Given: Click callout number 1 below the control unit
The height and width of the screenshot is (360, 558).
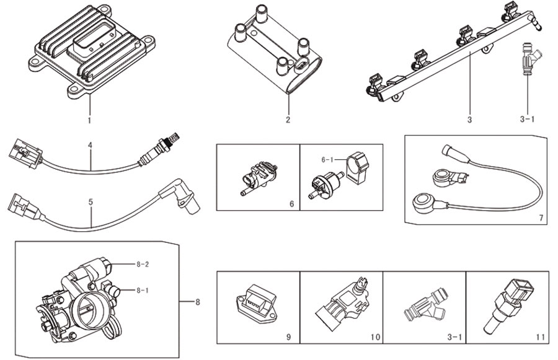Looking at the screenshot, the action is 89,120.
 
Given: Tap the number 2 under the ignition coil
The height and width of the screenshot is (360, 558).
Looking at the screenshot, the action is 288,120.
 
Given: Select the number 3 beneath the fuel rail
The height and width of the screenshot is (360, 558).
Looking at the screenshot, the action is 469,120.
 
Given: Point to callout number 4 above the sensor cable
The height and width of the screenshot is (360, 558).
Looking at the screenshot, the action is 90,145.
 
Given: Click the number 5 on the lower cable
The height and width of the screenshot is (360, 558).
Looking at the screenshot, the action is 91,202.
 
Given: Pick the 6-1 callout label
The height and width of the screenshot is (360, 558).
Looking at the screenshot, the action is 328,160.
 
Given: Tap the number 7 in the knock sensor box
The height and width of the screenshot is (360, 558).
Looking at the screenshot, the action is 541,217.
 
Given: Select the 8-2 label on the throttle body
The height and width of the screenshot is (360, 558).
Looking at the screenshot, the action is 143,265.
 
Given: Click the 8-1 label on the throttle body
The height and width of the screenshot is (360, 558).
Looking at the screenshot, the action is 143,290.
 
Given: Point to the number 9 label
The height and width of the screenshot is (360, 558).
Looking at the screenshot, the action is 288,336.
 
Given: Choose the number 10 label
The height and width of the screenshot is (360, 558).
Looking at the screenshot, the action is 375,336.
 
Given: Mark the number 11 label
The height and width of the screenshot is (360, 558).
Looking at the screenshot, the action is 540,336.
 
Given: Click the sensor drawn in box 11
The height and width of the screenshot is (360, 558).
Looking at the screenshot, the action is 510,305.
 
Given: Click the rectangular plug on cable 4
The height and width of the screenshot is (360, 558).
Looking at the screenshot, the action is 24,153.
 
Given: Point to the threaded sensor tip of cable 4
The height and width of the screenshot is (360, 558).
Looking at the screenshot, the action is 174,138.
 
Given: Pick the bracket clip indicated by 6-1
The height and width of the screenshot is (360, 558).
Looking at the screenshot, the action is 357,168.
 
